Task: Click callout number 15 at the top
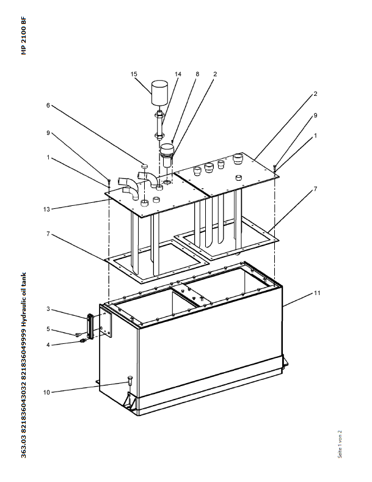tap(134, 74)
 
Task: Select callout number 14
tap(178, 74)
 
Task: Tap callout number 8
tap(197, 74)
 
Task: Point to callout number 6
tap(48, 106)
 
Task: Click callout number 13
tap(46, 210)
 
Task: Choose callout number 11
tap(317, 293)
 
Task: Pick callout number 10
tap(46, 393)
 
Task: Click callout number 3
tap(48, 309)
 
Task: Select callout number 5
tap(48, 329)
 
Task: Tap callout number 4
tap(48, 345)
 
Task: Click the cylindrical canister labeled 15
tap(160, 92)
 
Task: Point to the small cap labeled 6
tap(145, 167)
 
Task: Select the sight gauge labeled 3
tap(90, 326)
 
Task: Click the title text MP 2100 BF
tap(24, 36)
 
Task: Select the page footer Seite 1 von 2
tap(340, 444)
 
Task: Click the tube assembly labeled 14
tap(160, 123)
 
